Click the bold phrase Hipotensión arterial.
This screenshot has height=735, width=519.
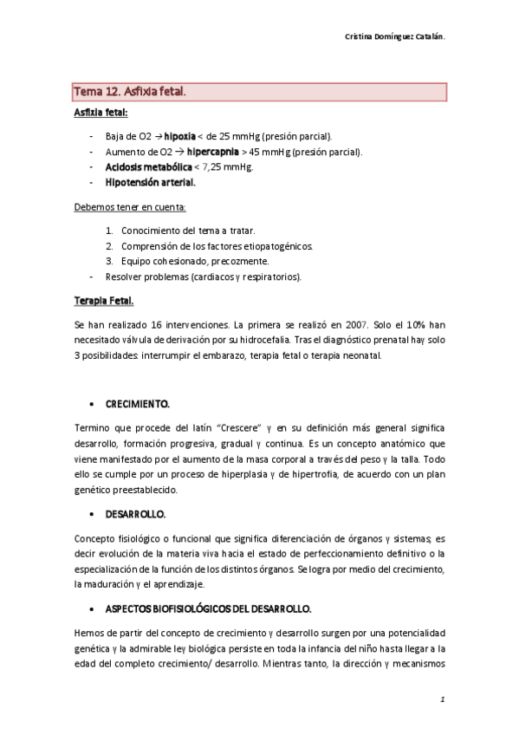(150, 183)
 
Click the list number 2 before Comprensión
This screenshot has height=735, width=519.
(109, 246)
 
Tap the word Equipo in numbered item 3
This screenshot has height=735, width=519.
(139, 261)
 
